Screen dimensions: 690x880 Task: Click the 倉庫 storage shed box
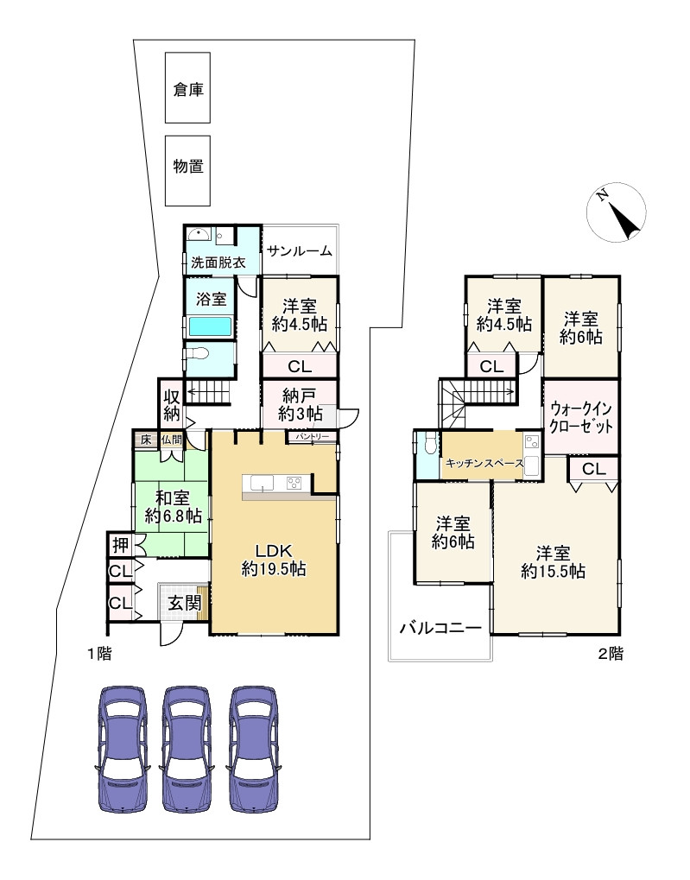(187, 87)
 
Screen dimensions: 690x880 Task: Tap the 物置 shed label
(188, 166)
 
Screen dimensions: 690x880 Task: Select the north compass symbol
(616, 212)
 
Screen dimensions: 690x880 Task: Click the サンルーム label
(300, 250)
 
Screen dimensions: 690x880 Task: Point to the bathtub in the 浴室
(210, 326)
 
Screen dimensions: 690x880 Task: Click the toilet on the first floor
(199, 353)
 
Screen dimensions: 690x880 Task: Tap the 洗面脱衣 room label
(218, 263)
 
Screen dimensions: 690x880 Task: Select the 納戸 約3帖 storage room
(300, 404)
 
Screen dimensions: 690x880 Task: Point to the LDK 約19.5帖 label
(274, 560)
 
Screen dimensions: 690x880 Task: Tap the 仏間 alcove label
(172, 439)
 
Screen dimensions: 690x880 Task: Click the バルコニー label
(440, 628)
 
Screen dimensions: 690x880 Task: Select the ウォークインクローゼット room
(581, 418)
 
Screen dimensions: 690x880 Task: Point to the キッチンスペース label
(484, 463)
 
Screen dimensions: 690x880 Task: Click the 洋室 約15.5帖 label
(553, 562)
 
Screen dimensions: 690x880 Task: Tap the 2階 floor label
(610, 654)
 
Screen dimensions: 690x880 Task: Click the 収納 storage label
(172, 405)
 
